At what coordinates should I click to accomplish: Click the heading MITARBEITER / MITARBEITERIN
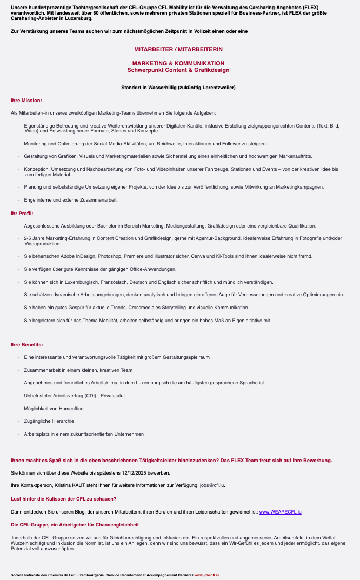(178, 49)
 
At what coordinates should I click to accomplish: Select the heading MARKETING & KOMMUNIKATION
(178, 63)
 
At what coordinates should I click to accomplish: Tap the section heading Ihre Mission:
(26, 101)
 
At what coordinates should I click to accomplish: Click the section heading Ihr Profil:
(22, 213)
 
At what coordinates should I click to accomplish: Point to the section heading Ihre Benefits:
(27, 345)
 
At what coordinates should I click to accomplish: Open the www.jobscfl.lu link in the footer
(206, 575)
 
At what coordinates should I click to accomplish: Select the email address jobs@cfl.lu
(212, 485)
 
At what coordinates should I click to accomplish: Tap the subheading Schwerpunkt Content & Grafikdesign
(178, 70)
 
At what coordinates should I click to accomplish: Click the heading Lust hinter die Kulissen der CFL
(64, 498)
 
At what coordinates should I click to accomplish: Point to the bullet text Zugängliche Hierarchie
(49, 421)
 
